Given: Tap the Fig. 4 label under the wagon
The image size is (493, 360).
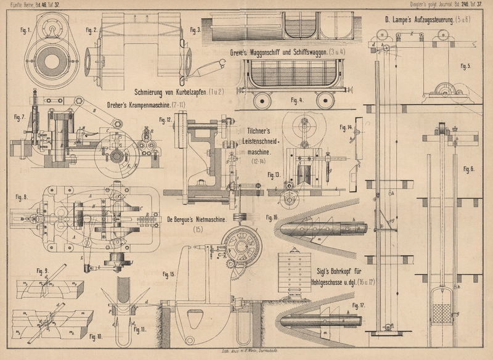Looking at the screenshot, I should coord(297,100).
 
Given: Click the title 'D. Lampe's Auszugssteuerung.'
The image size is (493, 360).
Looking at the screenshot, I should coord(414,20).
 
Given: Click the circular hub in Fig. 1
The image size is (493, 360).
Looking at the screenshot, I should coord(49,28).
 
